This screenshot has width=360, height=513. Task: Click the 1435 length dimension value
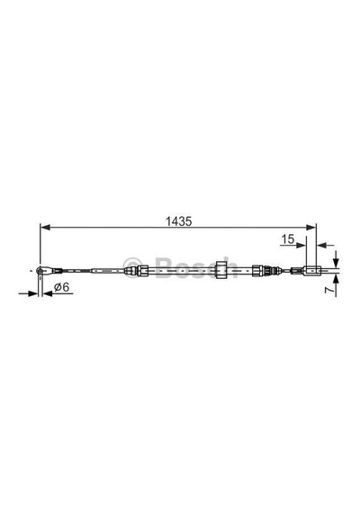point(178,221)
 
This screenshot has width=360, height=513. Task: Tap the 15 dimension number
point(288,239)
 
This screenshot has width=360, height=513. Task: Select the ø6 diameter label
point(62,287)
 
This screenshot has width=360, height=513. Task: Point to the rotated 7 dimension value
point(329,290)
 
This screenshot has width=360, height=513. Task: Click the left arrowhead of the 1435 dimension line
point(45,228)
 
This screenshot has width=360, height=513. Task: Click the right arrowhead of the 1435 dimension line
point(310,228)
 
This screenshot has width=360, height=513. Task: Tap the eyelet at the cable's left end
point(40,271)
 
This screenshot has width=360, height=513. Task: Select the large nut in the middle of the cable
point(222,270)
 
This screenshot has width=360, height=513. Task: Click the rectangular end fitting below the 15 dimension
point(310,270)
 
